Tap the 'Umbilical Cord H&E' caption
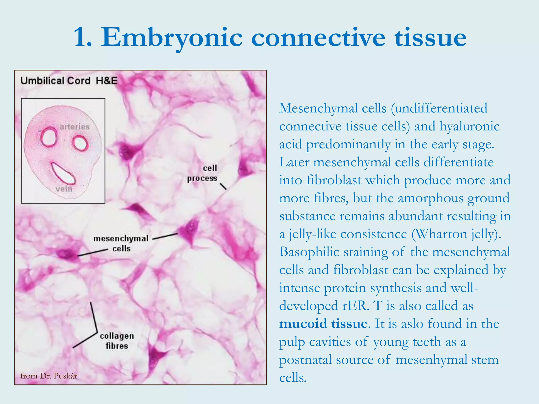[x=69, y=81]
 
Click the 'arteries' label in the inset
[x=75, y=127]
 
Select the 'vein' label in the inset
[x=64, y=189]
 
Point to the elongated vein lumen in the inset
[x=63, y=174]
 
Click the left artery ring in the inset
[x=49, y=137]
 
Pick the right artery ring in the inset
[x=81, y=144]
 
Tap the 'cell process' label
[x=203, y=173]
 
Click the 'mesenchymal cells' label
[x=121, y=243]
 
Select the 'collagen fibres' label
[x=117, y=341]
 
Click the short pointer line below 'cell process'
[x=223, y=186]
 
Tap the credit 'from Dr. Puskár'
[x=49, y=376]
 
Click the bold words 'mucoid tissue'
[x=323, y=324]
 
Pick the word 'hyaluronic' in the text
[x=469, y=127]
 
